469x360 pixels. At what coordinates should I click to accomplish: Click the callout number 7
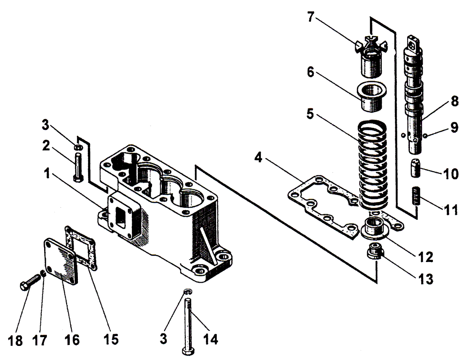311,17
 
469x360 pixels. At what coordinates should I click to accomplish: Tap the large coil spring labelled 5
373,165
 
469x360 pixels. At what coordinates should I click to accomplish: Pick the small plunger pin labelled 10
416,168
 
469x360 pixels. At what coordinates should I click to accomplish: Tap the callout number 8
455,101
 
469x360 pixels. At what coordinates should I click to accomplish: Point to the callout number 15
111,339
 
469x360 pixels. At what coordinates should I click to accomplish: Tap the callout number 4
258,157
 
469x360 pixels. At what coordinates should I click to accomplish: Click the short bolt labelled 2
78,167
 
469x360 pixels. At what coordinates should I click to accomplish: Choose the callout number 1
47,174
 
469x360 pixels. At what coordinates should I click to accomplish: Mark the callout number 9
454,127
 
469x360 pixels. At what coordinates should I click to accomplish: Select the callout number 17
40,340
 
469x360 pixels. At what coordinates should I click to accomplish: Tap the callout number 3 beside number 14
163,339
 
